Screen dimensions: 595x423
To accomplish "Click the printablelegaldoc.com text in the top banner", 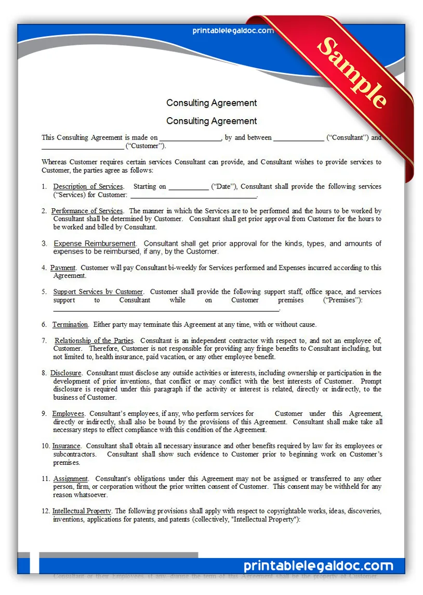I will (x=233, y=31).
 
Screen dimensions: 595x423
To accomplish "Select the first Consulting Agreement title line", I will (x=212, y=103).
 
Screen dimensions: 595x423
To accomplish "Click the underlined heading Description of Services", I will (x=88, y=186).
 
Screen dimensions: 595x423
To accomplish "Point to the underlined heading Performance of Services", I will (x=87, y=211).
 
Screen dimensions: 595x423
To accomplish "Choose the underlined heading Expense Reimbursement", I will (x=95, y=243).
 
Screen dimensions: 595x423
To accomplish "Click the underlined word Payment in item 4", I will (x=63, y=268).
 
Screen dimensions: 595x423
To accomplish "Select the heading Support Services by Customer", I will (x=98, y=292).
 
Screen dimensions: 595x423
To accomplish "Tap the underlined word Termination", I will (x=70, y=324).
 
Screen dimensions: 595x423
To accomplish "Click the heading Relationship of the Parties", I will (x=94, y=340).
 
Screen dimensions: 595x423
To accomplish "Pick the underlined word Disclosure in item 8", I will (x=65, y=373).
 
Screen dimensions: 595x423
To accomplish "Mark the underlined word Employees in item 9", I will (x=68, y=413).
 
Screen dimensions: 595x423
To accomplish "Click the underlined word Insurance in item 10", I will (x=66, y=446).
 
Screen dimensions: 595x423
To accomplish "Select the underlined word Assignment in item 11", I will (x=70, y=478).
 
